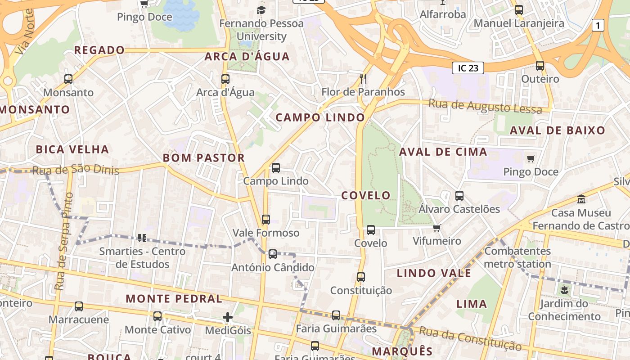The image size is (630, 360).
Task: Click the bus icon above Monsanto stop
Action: pos(68,79)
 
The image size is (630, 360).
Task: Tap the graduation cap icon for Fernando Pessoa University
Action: pos(261,10)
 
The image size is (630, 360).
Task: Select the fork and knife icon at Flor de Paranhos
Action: pos(363,79)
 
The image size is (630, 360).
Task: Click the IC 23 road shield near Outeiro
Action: pos(468,68)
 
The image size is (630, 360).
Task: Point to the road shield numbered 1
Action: pos(598,26)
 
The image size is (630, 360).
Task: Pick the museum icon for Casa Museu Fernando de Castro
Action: pos(581,199)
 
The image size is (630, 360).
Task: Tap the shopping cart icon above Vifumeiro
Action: pos(436,228)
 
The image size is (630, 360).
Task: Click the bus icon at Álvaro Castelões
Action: pos(459,196)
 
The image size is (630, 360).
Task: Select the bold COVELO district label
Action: pos(366,195)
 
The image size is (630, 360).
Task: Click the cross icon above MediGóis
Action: pos(228,317)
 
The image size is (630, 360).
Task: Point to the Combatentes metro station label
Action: pos(517,257)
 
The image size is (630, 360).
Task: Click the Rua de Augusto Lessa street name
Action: pos(485,107)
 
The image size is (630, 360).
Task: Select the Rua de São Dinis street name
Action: pos(76,170)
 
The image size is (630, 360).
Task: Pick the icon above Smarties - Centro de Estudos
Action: pos(142,238)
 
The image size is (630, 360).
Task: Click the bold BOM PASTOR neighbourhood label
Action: pos(203,158)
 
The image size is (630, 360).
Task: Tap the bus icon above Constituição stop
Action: pos(361,277)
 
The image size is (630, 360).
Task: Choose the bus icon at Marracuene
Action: pos(79,306)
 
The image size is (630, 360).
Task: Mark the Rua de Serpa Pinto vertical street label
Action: pos(64,241)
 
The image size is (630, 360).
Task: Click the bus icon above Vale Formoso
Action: pos(266,220)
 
